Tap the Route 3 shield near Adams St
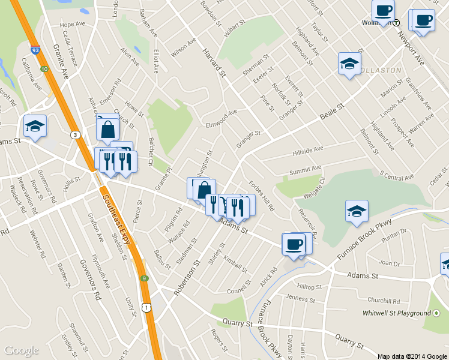coord(75,134)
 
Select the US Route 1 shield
coord(145,307)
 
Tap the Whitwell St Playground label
coord(397,313)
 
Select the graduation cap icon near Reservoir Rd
coord(357,211)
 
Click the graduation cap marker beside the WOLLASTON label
coord(349,64)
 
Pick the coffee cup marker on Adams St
coord(294,245)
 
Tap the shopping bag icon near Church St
coord(107,129)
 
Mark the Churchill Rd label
coord(384,301)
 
